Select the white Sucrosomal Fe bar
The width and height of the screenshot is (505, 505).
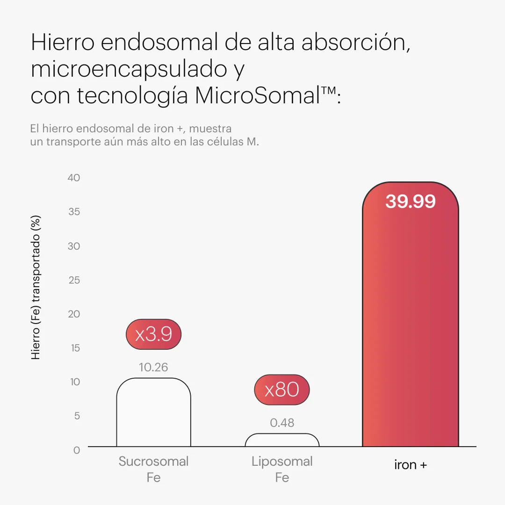(x=153, y=414)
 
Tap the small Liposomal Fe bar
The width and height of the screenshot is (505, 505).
(x=282, y=440)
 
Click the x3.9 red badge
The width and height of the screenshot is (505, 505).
(x=153, y=335)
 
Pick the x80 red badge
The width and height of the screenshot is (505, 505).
(x=282, y=390)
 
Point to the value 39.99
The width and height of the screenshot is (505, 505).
(x=411, y=202)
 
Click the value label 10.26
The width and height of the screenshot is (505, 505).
(x=153, y=368)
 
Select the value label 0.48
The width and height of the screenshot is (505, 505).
(x=282, y=423)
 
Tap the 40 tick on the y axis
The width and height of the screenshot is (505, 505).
(x=74, y=178)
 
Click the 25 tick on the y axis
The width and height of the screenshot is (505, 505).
(x=74, y=280)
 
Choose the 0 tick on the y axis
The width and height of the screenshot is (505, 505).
(x=77, y=450)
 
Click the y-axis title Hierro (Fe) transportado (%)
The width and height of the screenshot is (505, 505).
(x=36, y=287)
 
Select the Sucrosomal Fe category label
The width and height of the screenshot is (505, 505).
(x=153, y=469)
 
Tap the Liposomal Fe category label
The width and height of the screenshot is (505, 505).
(x=282, y=469)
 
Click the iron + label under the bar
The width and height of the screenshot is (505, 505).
(x=411, y=465)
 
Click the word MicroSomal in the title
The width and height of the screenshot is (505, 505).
(x=257, y=95)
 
